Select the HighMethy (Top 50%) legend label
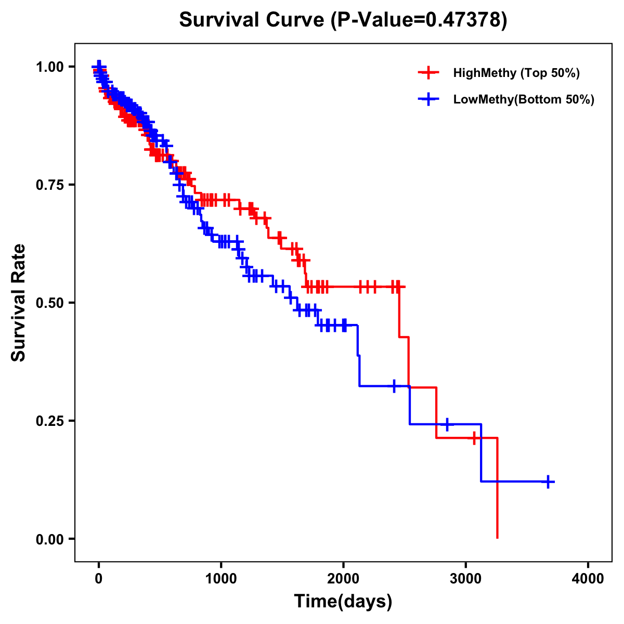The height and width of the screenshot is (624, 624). (516, 73)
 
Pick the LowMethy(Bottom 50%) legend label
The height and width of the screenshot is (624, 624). (523, 99)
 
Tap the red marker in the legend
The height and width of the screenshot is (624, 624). (428, 73)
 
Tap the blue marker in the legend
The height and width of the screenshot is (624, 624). (428, 99)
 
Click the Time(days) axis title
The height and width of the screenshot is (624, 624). (343, 602)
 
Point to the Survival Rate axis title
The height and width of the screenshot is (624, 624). (19, 303)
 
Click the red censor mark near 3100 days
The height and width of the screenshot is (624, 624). (474, 438)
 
